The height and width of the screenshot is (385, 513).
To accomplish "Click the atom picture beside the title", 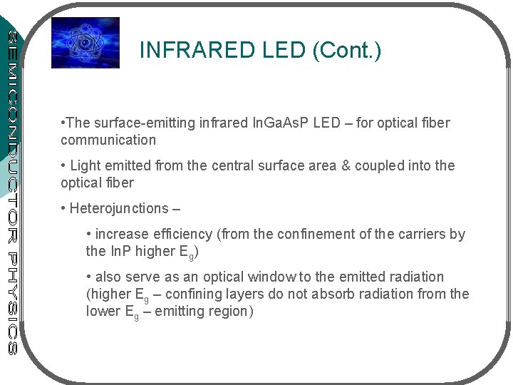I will (x=85, y=43).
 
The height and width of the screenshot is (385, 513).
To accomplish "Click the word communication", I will (x=108, y=140).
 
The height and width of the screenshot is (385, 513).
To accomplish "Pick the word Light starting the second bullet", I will (x=86, y=165).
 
